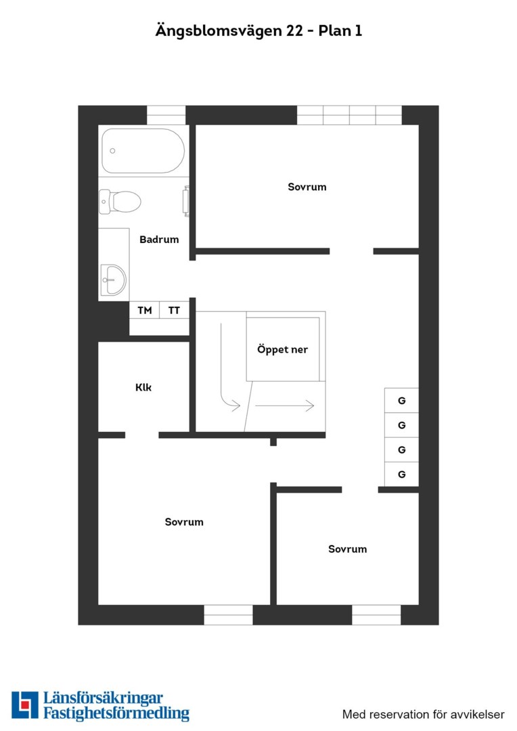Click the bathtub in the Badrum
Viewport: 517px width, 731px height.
143,150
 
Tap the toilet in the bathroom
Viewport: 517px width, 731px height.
120,202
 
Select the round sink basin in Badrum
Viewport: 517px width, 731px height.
113,280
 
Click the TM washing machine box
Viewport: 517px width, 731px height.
145,310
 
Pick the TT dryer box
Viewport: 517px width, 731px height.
174,310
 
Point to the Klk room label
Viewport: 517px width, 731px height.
143,387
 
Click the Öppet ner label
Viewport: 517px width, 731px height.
282,349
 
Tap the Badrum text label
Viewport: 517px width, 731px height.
159,240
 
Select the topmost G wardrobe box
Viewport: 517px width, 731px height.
401,401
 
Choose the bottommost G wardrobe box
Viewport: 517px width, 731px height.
401,474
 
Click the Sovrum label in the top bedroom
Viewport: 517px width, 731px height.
307,187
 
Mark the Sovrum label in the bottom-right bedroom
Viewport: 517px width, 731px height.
347,549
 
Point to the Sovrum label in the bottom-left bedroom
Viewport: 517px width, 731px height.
184,522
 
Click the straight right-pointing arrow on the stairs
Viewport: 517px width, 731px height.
284,405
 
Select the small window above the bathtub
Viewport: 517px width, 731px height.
166,115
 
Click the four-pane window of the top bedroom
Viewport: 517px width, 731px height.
349,115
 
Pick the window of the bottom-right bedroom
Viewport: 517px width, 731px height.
376,615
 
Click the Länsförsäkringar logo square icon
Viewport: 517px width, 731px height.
25,705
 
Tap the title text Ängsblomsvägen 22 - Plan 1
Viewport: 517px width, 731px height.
258,30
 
